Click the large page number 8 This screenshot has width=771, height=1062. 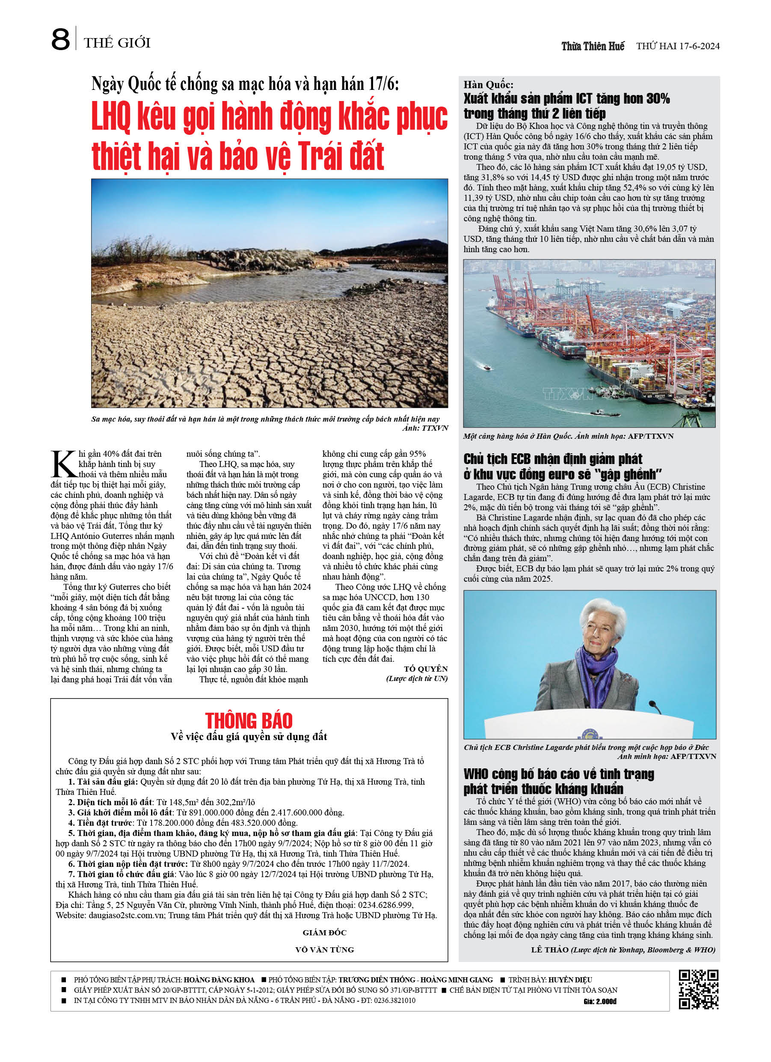[60, 40]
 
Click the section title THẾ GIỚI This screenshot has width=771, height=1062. [117, 43]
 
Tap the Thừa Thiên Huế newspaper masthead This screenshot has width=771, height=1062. [593, 46]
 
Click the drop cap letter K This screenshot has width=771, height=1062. [64, 464]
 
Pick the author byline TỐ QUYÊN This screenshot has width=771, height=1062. [426, 669]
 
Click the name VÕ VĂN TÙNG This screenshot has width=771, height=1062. [324, 949]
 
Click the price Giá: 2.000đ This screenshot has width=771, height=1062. [600, 1001]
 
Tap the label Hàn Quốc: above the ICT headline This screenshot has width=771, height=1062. [488, 85]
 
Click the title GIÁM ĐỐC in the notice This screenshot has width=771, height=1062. [324, 932]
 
